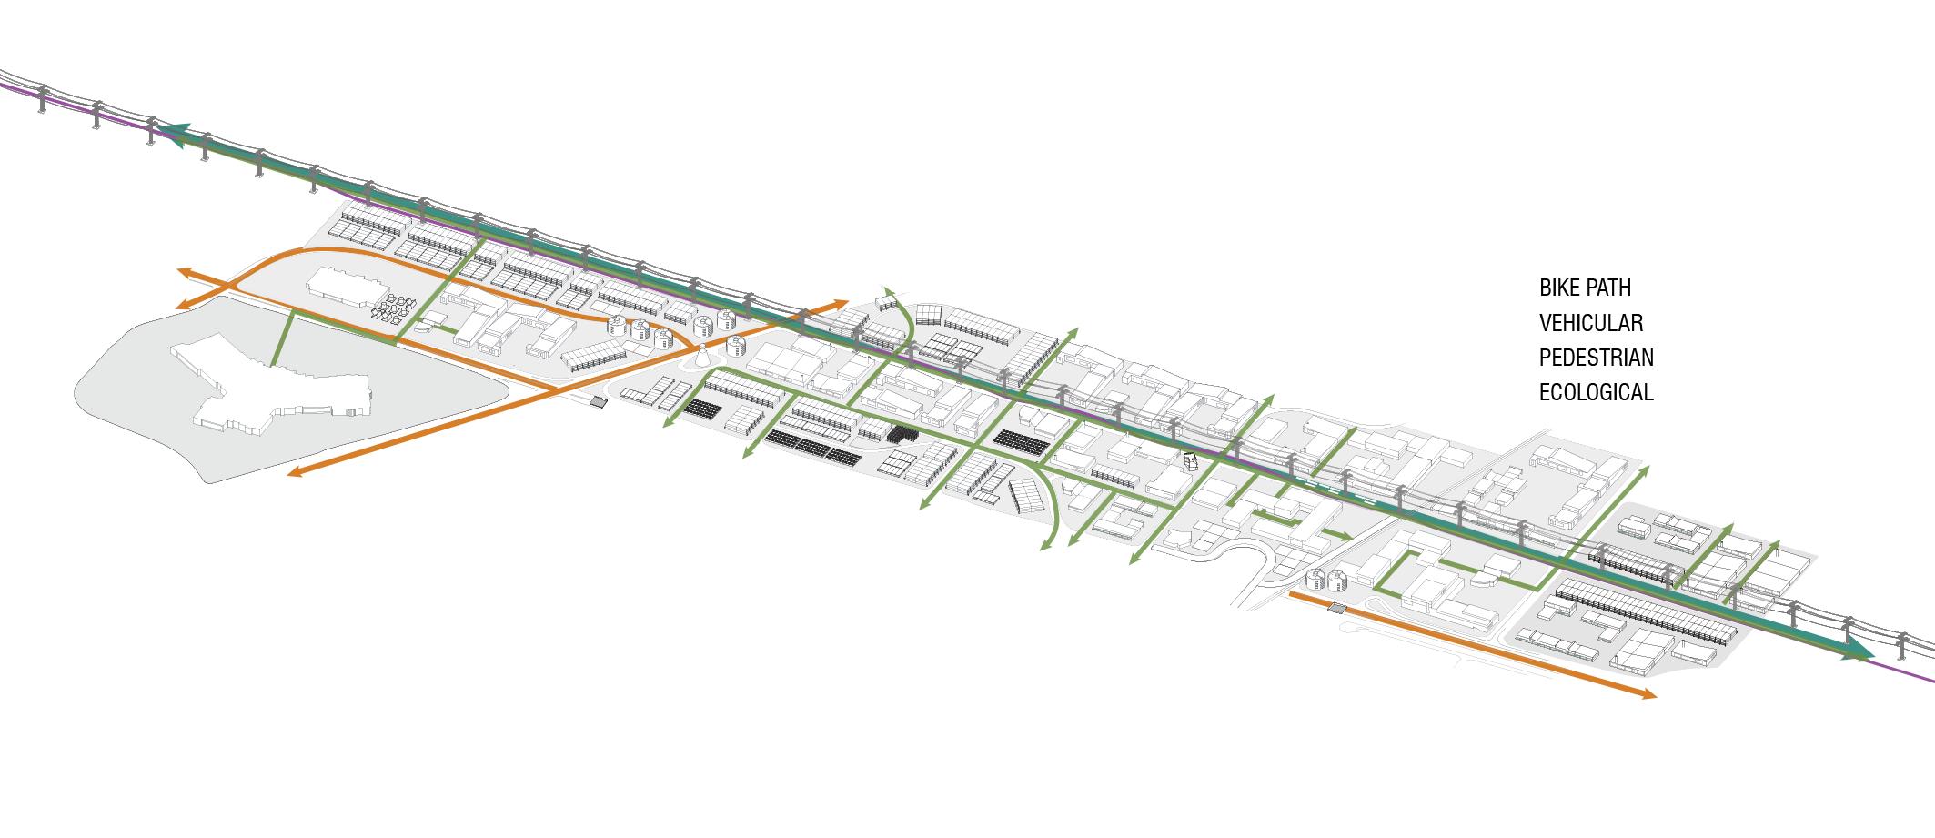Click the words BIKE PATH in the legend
1585,288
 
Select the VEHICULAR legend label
1590,323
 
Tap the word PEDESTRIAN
1596,358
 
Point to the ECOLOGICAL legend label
1596,392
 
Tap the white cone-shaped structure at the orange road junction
702,358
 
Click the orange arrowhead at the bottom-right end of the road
1648,694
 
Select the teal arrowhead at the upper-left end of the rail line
177,134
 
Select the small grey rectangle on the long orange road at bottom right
1336,607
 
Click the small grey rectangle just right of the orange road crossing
598,401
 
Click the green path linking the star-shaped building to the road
282,338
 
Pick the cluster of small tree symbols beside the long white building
393,308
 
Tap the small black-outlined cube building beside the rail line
1190,460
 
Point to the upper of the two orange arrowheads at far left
184,271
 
